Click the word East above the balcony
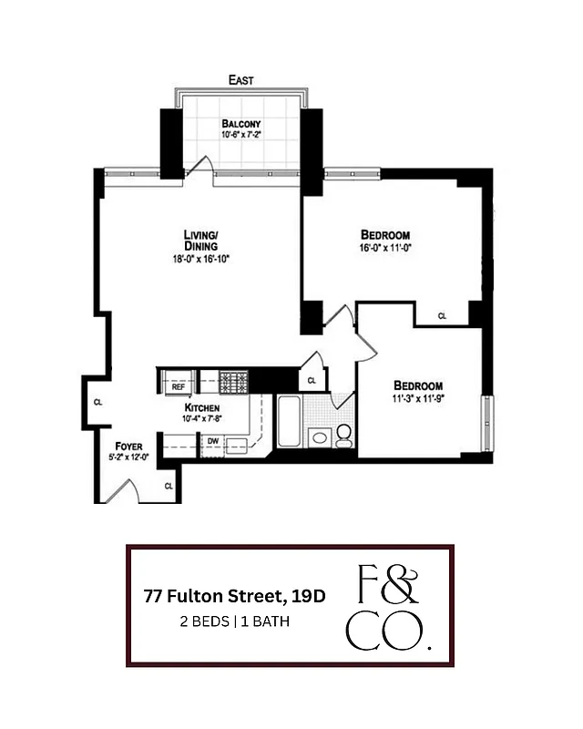241,80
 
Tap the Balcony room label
241,124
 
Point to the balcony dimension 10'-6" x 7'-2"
241,135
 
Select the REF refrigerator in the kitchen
179,386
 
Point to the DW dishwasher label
212,442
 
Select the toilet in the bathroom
344,436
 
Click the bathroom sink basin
320,437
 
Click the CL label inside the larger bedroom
442,316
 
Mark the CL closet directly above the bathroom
312,380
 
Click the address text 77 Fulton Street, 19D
234,597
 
